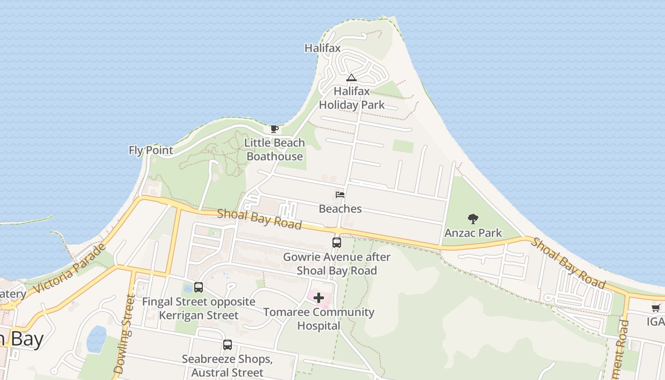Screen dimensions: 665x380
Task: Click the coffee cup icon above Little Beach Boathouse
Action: (274, 129)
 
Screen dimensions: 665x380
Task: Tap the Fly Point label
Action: (151, 150)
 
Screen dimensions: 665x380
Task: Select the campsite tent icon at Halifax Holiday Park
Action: (351, 78)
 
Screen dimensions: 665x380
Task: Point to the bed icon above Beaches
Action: (340, 195)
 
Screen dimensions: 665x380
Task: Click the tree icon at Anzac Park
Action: (473, 219)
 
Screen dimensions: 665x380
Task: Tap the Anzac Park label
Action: (473, 233)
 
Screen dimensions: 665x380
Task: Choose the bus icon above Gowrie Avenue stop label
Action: (336, 243)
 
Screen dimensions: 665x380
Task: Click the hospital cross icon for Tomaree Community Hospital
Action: (318, 298)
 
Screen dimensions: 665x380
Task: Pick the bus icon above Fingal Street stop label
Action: (199, 287)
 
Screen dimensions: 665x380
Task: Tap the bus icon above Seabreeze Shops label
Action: (228, 345)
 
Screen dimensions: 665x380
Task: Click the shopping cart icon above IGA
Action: (656, 308)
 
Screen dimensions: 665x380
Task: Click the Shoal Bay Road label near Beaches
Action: (259, 219)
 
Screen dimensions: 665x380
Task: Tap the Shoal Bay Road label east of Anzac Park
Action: (568, 263)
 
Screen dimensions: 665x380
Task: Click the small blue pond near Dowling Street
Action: (96, 339)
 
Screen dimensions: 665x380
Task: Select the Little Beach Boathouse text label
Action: (275, 150)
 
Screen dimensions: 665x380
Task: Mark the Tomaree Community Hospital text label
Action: (319, 319)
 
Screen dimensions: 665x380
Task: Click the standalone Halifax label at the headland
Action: (323, 48)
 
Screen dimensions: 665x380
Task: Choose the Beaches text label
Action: (340, 209)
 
